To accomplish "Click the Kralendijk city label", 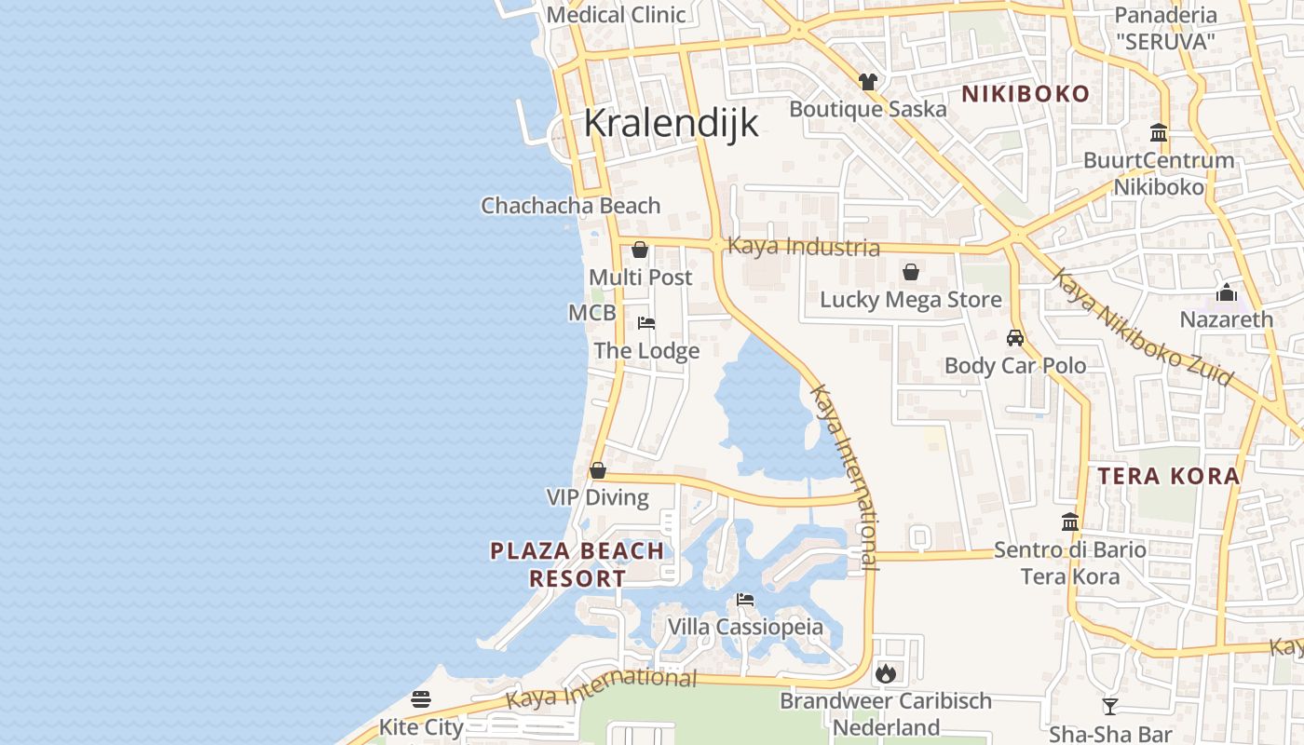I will tap(671, 124).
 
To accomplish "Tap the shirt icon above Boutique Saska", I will tap(868, 81).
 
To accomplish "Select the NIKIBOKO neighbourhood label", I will tap(1025, 94).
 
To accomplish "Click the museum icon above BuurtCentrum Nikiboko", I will tap(1159, 132).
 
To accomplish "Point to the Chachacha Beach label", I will tap(570, 206).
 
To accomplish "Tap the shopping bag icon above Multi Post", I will tap(640, 250).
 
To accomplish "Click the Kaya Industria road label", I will tap(803, 247).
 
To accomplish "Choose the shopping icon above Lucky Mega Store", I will tap(911, 272).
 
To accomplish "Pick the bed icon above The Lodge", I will tap(646, 323).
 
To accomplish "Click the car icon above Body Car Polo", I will tap(1015, 337).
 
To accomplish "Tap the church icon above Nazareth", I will tap(1227, 292).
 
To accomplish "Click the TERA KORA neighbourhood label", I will tap(1168, 477).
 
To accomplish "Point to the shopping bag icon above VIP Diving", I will tap(598, 470).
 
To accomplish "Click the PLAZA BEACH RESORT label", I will tap(577, 564).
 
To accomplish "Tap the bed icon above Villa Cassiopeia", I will tap(745, 599).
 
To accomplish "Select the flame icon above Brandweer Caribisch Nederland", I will tap(885, 672).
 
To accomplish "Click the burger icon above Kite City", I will tap(421, 698).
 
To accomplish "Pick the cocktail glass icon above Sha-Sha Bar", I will tap(1109, 706).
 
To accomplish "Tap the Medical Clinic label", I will tap(616, 15).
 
